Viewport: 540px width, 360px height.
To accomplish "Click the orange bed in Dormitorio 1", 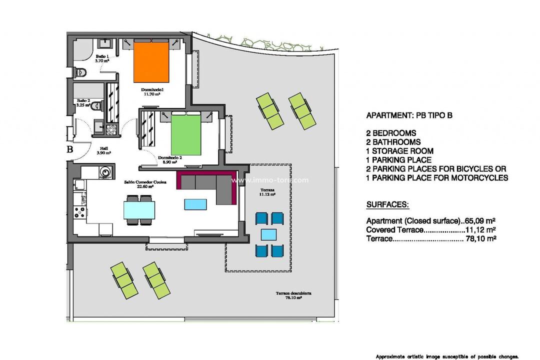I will coord(150,63).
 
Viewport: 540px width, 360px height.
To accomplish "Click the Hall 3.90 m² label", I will coord(104,150).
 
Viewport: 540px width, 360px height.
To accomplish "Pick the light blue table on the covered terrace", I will coord(268,234).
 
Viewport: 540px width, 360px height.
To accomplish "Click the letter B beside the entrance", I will coord(70,148).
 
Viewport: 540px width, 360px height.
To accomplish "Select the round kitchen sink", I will coord(104,172).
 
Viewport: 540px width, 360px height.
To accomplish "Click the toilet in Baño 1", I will coord(80,73).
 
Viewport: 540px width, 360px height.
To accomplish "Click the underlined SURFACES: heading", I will coord(387,205).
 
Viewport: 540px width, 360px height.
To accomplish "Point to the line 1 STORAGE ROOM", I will coord(400,151).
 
